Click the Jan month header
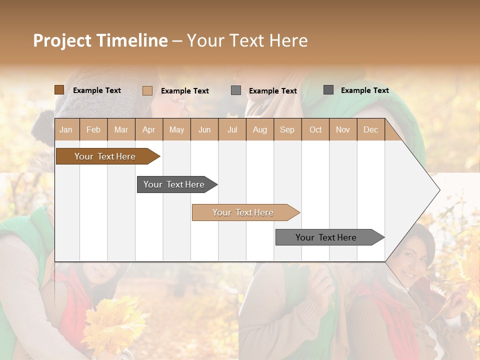point(66,129)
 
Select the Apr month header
point(148,129)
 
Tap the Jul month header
point(232,129)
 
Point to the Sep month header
point(287,129)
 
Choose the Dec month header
point(370,129)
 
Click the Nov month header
point(342,129)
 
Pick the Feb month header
point(93,129)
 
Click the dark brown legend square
point(59,90)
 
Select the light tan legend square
point(147,90)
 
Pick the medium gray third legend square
point(236,90)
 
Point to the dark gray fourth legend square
point(328,90)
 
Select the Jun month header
point(204,129)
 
